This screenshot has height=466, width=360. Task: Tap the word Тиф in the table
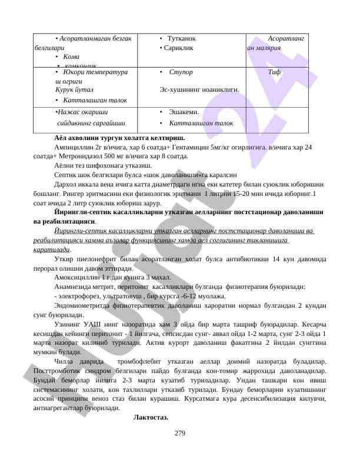274,72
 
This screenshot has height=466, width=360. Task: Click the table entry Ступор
181,72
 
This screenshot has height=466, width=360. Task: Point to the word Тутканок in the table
181,38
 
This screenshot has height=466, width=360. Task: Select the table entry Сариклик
179,47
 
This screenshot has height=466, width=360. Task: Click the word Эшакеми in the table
184,111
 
